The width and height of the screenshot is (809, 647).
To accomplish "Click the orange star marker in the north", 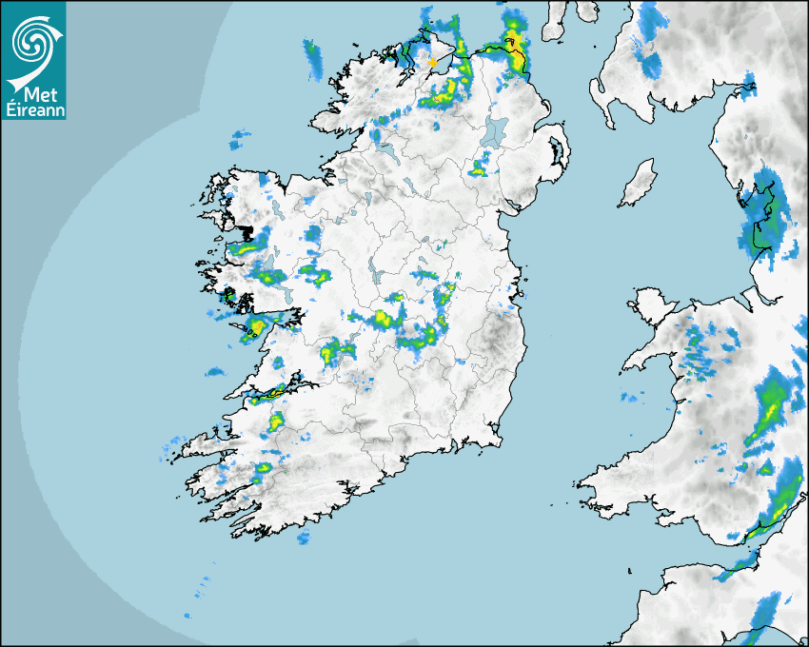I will point(433,62).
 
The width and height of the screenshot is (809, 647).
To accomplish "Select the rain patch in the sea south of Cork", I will point(304,539).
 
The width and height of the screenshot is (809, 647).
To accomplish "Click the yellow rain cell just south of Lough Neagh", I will point(478,169).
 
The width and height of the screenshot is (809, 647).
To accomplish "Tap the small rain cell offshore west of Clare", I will point(215,371).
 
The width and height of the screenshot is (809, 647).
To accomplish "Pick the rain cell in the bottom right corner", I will point(766,618).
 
